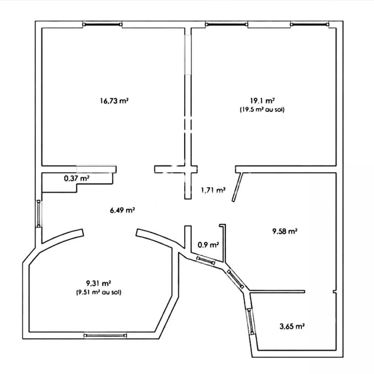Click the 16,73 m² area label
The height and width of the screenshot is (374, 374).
pyautogui.click(x=114, y=101)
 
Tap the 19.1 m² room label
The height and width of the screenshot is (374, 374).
pyautogui.click(x=262, y=101)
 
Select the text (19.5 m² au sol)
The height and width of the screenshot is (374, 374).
pyautogui.click(x=262, y=110)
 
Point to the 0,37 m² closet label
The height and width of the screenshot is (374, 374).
pyautogui.click(x=77, y=178)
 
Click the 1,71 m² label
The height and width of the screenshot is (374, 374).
pyautogui.click(x=213, y=190)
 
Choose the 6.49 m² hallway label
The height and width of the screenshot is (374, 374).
pyautogui.click(x=122, y=210)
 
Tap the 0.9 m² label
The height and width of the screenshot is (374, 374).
pyautogui.click(x=208, y=245)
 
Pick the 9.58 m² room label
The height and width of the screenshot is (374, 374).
pyautogui.click(x=285, y=231)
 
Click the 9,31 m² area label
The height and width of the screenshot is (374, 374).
pyautogui.click(x=98, y=283)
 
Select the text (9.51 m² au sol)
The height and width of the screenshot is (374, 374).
pyautogui.click(x=98, y=292)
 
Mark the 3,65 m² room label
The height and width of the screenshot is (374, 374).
pyautogui.click(x=292, y=326)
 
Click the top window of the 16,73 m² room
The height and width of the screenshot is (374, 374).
pyautogui.click(x=103, y=24)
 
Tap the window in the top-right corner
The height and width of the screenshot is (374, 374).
pyautogui.click(x=310, y=24)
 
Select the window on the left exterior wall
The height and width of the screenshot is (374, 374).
pyautogui.click(x=38, y=214)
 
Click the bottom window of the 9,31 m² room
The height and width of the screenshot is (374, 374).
pyautogui.click(x=105, y=336)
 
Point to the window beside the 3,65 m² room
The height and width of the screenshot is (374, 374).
pyautogui.click(x=251, y=321)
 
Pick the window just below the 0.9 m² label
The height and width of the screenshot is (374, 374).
pyautogui.click(x=206, y=260)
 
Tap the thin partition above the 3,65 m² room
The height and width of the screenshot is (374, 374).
pyautogui.click(x=277, y=292)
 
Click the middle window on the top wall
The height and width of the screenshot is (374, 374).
pyautogui.click(x=226, y=24)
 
